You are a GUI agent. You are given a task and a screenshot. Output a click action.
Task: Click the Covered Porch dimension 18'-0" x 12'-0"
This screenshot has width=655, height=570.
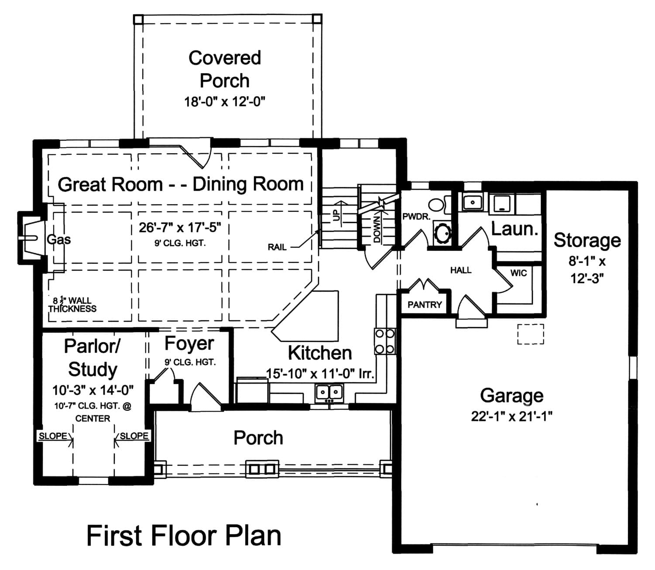click(x=224, y=102)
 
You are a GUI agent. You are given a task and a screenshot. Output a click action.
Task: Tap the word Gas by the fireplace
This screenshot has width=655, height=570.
click(x=59, y=239)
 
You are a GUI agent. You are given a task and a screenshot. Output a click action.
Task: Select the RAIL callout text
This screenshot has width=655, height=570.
click(x=277, y=247)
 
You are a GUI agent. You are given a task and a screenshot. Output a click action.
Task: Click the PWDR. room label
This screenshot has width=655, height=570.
click(x=416, y=216)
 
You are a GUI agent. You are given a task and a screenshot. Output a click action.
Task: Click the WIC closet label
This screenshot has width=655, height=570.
click(x=518, y=273)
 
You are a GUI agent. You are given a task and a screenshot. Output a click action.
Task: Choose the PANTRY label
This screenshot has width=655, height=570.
click(x=425, y=305)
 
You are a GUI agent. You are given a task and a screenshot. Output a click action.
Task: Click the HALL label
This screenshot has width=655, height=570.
click(x=461, y=271)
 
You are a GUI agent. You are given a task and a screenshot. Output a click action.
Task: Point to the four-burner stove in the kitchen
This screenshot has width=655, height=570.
click(x=384, y=341)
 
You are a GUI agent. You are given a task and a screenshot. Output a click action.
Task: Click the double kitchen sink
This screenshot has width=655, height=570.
click(x=329, y=392)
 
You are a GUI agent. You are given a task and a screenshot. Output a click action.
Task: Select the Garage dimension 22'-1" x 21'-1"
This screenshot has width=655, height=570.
click(x=511, y=416)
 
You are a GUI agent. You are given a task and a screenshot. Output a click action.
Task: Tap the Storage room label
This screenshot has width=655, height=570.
click(x=587, y=240)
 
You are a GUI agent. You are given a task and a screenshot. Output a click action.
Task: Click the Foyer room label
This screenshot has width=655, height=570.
click(x=189, y=344)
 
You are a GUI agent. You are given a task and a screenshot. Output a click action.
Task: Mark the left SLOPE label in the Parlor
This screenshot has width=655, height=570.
click(x=53, y=436)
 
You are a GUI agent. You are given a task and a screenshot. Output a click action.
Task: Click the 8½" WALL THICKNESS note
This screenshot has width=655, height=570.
click(x=72, y=305)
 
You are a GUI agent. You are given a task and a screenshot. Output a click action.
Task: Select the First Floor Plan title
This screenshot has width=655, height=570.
click(x=184, y=536)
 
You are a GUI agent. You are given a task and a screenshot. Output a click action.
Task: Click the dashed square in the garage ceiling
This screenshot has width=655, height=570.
click(x=531, y=334)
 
